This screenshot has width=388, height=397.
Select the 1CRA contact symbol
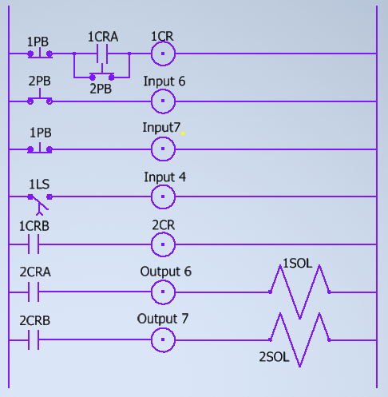pyautogui.click(x=102, y=54)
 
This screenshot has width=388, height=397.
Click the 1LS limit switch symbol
pyautogui.click(x=40, y=204)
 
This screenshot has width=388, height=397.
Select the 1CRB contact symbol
pyautogui.click(x=34, y=244)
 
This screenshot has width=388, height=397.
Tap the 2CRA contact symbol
pyautogui.click(x=34, y=292)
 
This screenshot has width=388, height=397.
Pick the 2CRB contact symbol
pyautogui.click(x=34, y=340)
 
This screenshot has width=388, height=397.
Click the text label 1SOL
pyautogui.click(x=297, y=264)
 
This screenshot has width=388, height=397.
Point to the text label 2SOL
pyautogui.click(x=274, y=357)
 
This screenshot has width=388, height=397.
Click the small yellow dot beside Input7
pyautogui.click(x=183, y=133)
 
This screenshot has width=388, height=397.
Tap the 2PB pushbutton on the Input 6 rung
pyautogui.click(x=40, y=97)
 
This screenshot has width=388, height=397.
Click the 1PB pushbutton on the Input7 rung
pyautogui.click(x=40, y=148)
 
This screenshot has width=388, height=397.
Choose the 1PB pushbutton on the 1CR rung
pyautogui.click(x=40, y=53)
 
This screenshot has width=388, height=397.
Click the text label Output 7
pyautogui.click(x=163, y=319)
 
